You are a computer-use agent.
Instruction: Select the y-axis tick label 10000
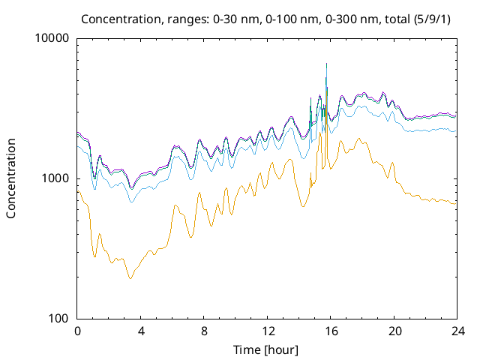point(52,38)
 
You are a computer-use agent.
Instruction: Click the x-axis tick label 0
point(77,331)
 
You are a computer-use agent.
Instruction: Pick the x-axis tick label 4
point(141,331)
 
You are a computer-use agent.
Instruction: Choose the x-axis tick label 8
point(204,331)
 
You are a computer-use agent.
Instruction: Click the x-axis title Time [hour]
point(267,349)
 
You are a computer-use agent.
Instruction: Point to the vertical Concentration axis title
point(11,178)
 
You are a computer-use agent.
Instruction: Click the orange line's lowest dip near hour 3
point(130,278)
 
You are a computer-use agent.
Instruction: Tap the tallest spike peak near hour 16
point(326,64)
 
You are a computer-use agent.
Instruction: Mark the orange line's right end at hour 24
point(456,204)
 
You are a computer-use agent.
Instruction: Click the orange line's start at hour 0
point(78,190)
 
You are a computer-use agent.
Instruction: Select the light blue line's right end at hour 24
point(456,131)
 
